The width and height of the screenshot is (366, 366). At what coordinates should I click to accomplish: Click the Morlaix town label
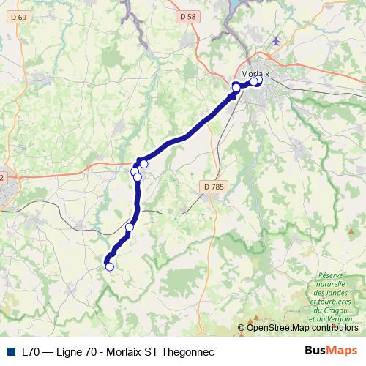click(x=255, y=73)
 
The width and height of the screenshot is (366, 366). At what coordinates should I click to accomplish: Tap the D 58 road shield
click(x=187, y=15)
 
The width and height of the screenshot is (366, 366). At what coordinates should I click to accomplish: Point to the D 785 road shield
click(x=213, y=187)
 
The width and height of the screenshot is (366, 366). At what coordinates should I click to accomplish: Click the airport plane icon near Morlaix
click(x=276, y=40)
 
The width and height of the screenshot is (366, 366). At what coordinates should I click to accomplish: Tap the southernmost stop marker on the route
click(x=110, y=266)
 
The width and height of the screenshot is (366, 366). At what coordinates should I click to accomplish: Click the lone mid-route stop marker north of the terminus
click(x=130, y=227)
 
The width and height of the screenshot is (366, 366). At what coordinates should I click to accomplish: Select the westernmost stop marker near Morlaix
click(x=236, y=87)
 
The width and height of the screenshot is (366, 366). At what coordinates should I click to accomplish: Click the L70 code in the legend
click(x=31, y=351)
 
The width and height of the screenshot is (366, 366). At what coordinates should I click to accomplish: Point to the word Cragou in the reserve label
click(x=320, y=310)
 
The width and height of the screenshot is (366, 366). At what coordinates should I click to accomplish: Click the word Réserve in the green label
click(x=332, y=276)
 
